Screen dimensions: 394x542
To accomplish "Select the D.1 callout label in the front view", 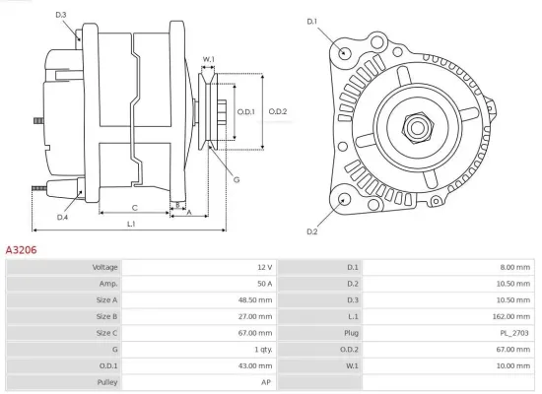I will click(312, 21).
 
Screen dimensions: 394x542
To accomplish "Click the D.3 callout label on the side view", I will click(61, 15).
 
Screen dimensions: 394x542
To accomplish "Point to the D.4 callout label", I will click(62, 217).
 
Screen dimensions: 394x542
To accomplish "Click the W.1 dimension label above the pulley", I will click(209, 60).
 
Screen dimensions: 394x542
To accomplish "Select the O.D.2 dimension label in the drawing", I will click(278, 110).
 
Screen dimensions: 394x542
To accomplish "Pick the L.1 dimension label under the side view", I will click(131, 226).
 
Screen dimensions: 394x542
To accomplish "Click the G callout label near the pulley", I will click(237, 178).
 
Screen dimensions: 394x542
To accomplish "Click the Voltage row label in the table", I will click(104, 267).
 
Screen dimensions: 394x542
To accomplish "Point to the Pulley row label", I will click(107, 381).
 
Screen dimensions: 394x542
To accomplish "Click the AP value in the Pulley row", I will click(266, 381).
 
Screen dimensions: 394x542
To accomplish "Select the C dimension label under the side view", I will click(134, 207).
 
